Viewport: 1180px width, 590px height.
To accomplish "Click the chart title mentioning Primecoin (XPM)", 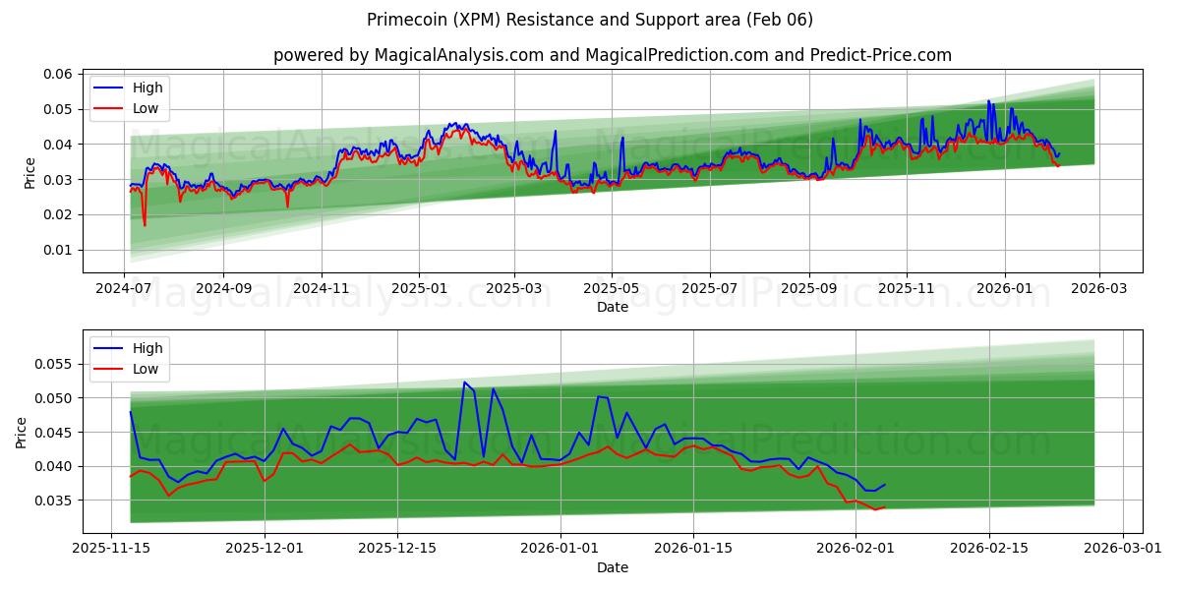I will [590, 20].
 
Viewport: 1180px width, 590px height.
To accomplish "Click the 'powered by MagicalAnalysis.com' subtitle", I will [612, 55].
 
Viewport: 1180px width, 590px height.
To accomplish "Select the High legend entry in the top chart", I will [147, 88].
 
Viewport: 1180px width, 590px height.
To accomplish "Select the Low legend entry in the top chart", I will [146, 109].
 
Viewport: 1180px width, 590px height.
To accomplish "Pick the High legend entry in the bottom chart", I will [147, 348].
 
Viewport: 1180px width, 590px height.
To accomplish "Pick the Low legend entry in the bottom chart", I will [146, 369].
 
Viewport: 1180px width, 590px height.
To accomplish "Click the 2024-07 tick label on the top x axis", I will [125, 289].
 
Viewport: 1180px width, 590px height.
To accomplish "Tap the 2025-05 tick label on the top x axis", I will [612, 289].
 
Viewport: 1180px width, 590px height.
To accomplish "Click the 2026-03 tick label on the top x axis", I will [1098, 289].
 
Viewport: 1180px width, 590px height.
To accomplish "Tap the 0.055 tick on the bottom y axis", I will [56, 364].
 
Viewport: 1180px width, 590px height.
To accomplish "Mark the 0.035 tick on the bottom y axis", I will [56, 501].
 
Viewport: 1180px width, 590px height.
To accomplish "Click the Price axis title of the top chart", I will [29, 173].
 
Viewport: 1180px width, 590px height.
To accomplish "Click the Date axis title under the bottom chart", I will [612, 567].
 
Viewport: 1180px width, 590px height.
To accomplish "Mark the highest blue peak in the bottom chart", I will [464, 382].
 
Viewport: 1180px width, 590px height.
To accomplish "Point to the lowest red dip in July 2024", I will [145, 225].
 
